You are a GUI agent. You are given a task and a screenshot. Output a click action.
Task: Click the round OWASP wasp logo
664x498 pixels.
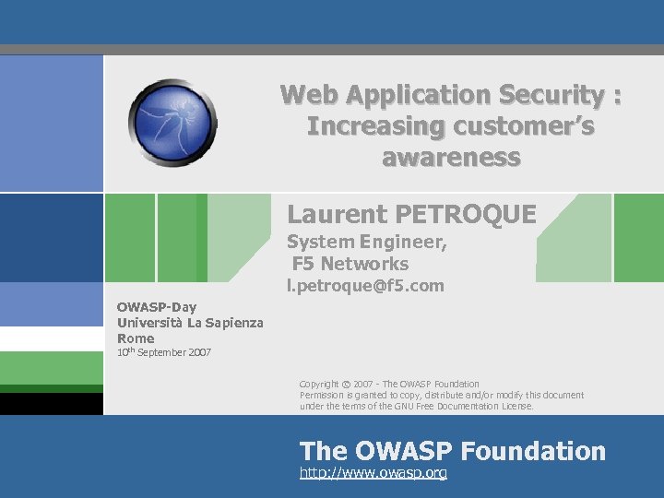[x=172, y=123]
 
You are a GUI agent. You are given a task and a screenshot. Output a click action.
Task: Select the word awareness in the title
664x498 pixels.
[x=451, y=157]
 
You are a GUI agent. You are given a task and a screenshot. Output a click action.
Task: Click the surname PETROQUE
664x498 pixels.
[x=466, y=215]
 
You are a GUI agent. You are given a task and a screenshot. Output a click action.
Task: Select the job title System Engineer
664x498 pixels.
[x=366, y=243]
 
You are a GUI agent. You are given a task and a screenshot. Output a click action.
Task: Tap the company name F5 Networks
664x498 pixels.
[x=350, y=264]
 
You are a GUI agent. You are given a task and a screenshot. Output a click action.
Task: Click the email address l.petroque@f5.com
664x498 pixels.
[x=365, y=286]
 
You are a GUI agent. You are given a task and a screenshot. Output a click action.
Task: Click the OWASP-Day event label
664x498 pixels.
[x=157, y=306]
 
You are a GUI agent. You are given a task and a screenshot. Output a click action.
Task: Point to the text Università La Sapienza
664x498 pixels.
[x=190, y=322]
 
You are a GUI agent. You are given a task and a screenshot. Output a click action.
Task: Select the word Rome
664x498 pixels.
[x=136, y=338]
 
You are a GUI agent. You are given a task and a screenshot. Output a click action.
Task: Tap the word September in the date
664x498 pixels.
[x=159, y=352]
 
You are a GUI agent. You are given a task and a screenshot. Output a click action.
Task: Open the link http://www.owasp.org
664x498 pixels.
[x=373, y=473]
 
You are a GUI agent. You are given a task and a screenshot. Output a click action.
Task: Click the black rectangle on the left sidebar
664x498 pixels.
[x=51, y=404]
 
